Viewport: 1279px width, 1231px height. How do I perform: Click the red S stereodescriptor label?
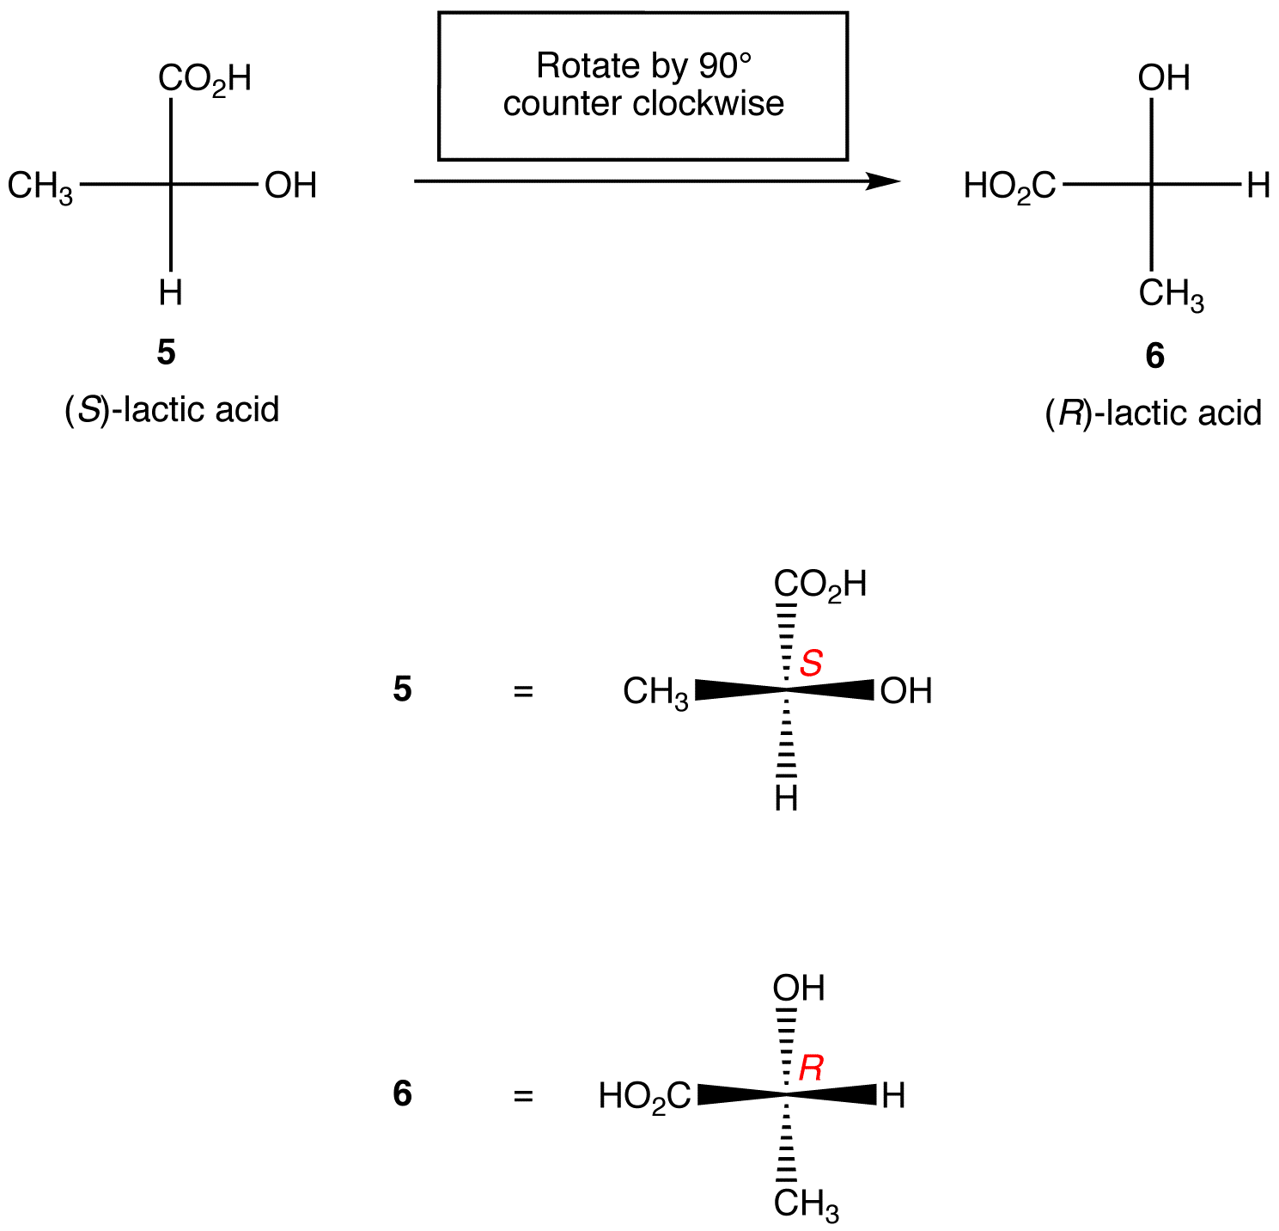(811, 663)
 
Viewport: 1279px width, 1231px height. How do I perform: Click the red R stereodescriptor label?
(811, 1068)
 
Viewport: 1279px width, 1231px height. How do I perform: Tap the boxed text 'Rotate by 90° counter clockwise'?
(643, 85)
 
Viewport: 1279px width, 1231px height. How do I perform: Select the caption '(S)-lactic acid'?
(172, 410)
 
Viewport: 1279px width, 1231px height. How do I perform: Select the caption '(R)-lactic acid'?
(1153, 413)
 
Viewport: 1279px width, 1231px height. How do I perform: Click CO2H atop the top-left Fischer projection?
(204, 79)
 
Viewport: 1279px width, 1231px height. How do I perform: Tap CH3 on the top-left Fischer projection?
(40, 187)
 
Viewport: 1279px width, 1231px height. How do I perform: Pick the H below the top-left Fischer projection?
(170, 293)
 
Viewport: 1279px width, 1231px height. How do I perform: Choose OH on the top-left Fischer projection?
(290, 186)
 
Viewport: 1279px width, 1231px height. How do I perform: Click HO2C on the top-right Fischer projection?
(1009, 187)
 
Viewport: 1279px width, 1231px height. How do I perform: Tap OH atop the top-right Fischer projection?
(1163, 78)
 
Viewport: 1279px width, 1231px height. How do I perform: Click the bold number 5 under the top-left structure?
(166, 352)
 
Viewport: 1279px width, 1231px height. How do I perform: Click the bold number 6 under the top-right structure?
(1154, 355)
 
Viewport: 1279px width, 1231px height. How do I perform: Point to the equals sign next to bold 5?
(523, 691)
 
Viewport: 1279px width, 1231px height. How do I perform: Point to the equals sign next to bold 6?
(523, 1096)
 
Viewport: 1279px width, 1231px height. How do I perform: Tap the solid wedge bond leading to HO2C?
(739, 1094)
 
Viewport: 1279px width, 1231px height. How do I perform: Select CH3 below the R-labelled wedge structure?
(805, 1204)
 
